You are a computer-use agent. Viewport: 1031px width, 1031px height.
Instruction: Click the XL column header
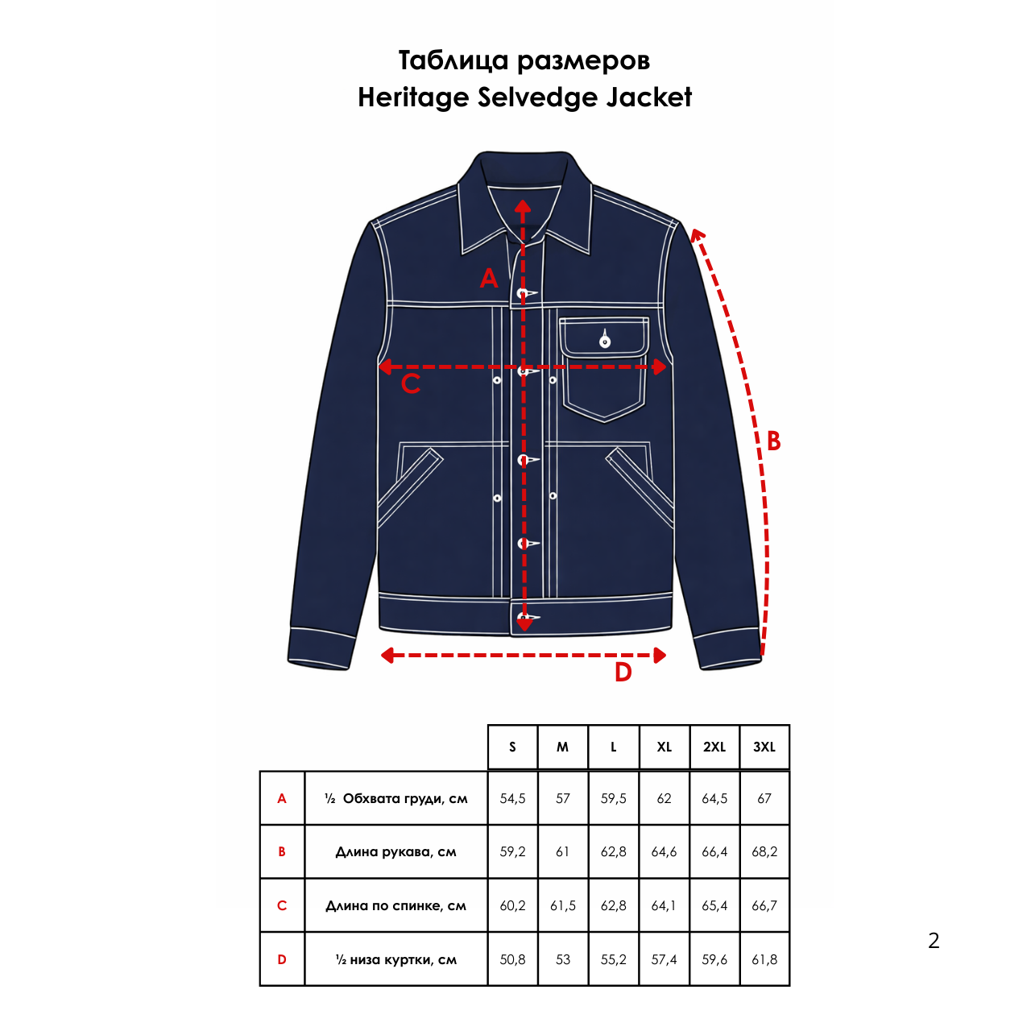(x=664, y=747)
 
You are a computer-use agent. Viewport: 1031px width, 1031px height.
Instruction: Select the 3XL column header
(x=764, y=747)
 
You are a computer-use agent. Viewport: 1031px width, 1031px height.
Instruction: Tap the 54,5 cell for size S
(x=512, y=798)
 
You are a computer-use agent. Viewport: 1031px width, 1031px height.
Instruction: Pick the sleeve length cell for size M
(x=562, y=851)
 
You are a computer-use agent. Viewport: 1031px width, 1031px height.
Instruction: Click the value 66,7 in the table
(x=764, y=905)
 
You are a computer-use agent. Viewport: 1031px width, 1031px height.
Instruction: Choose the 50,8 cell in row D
(x=512, y=959)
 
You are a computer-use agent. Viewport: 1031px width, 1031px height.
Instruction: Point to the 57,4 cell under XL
(x=664, y=959)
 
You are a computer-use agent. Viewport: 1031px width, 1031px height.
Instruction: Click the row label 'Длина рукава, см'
(x=395, y=851)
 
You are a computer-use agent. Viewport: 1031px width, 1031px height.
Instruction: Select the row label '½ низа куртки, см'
(x=395, y=959)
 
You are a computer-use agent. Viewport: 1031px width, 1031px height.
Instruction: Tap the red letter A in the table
(x=282, y=798)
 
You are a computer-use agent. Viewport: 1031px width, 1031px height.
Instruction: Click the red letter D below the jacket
(x=623, y=673)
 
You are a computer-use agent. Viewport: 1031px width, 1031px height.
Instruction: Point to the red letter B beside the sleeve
(x=773, y=441)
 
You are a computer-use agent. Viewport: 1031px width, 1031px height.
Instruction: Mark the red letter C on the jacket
(x=411, y=384)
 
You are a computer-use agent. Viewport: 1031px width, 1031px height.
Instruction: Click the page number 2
(x=934, y=940)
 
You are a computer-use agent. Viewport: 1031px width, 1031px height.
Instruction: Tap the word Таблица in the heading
(x=453, y=60)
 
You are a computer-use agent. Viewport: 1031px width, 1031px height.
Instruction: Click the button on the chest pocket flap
(x=605, y=342)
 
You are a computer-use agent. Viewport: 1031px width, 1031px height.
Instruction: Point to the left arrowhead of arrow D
(x=387, y=655)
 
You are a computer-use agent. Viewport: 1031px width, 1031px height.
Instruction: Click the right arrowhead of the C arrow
(x=660, y=367)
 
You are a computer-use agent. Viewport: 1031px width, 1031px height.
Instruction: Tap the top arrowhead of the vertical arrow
(x=524, y=207)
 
